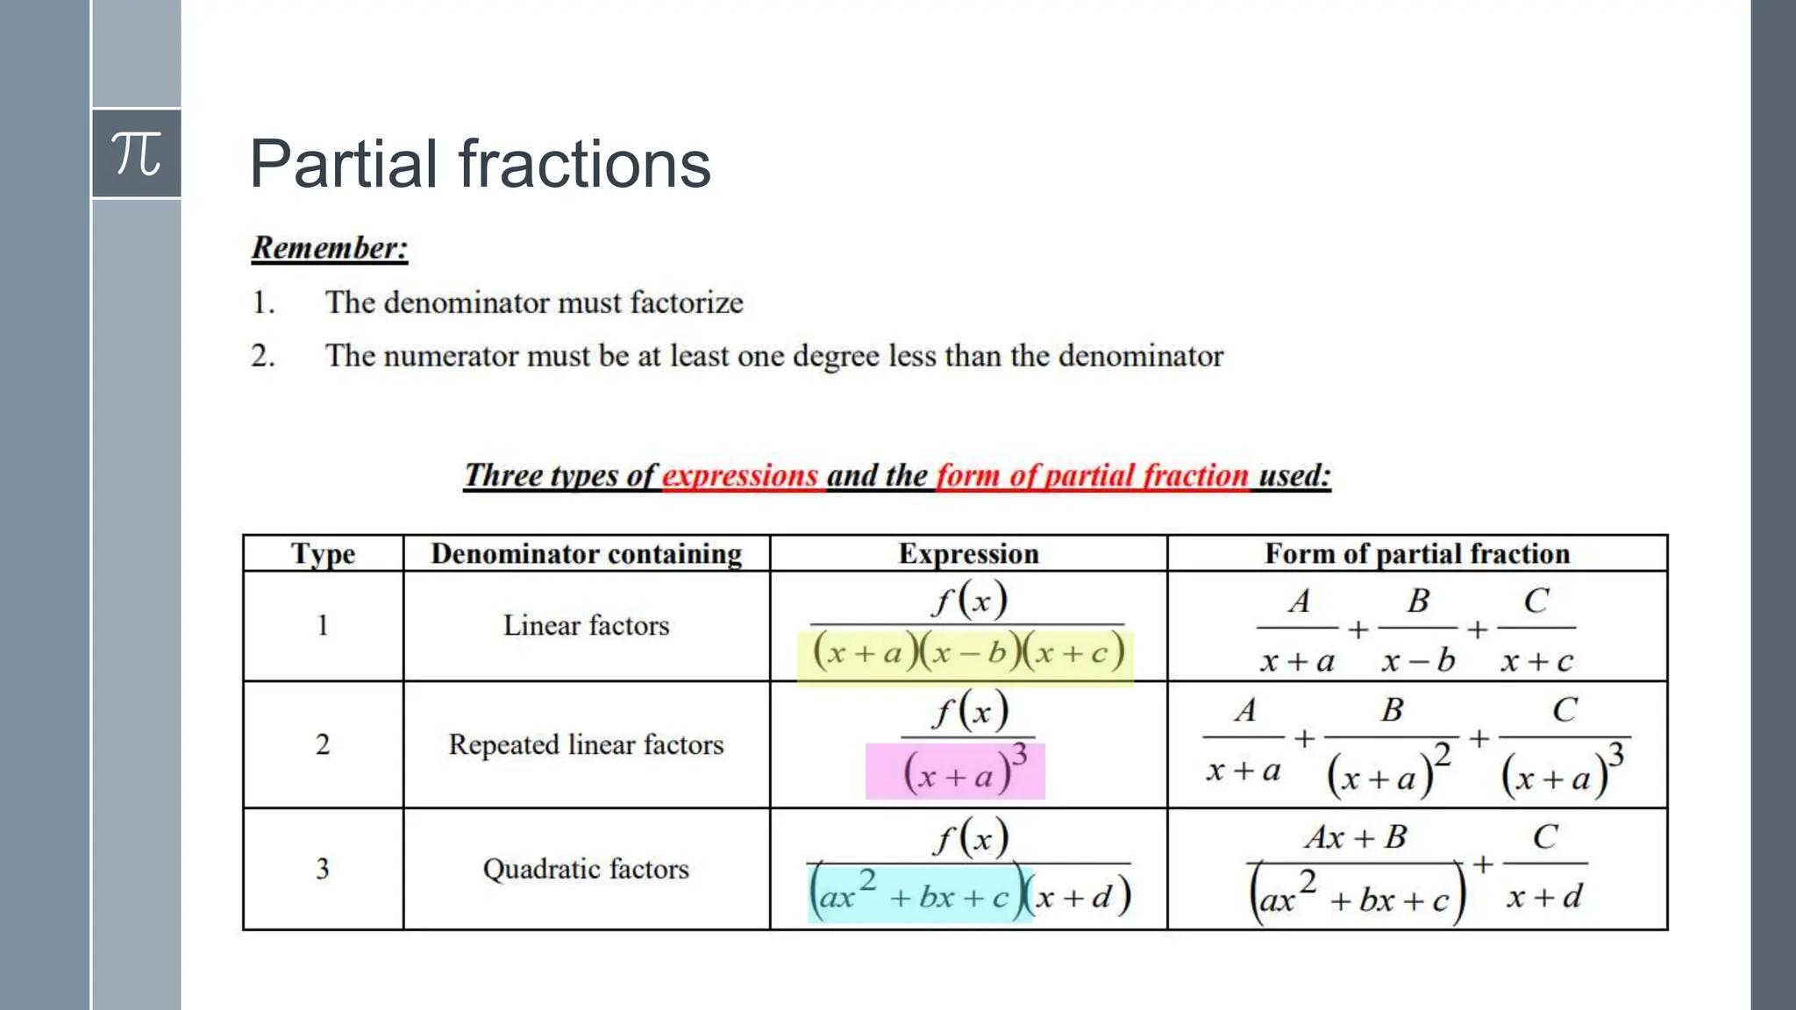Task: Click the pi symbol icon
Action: pyautogui.click(x=137, y=153)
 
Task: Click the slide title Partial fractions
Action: pyautogui.click(x=480, y=164)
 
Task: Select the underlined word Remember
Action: pyautogui.click(x=330, y=248)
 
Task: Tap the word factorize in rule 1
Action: pyautogui.click(x=686, y=302)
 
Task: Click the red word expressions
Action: pyautogui.click(x=739, y=475)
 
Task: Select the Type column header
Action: pyautogui.click(x=323, y=554)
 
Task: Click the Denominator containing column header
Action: pyautogui.click(x=586, y=554)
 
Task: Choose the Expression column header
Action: pyautogui.click(x=968, y=554)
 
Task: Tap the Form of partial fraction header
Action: pyautogui.click(x=1416, y=554)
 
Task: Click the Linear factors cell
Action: pyautogui.click(x=586, y=625)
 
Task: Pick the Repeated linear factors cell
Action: pyautogui.click(x=586, y=744)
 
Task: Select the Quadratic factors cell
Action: pyautogui.click(x=586, y=869)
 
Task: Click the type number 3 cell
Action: pyautogui.click(x=323, y=869)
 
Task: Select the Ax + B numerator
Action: pyautogui.click(x=1355, y=837)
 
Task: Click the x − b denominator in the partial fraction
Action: pyautogui.click(x=1417, y=660)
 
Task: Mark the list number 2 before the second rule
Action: pyautogui.click(x=262, y=356)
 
